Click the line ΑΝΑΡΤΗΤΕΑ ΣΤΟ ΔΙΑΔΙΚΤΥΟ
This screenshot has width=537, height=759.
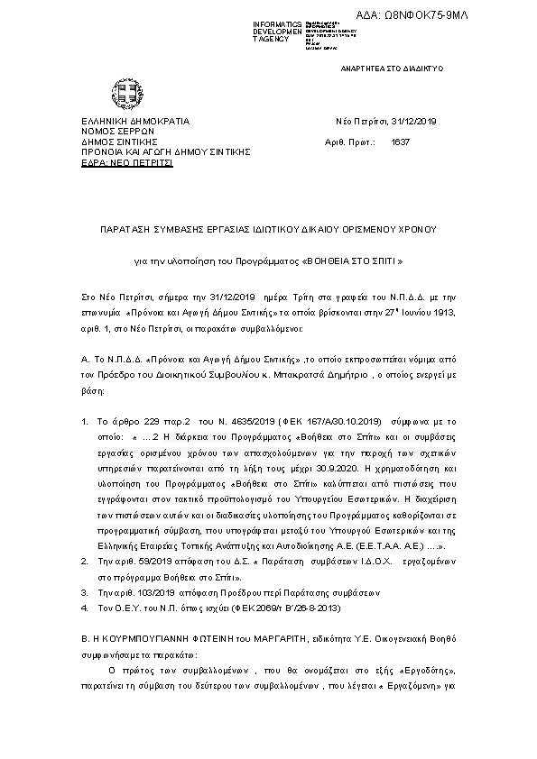pyautogui.click(x=390, y=69)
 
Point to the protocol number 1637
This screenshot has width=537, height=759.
pyautogui.click(x=400, y=142)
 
